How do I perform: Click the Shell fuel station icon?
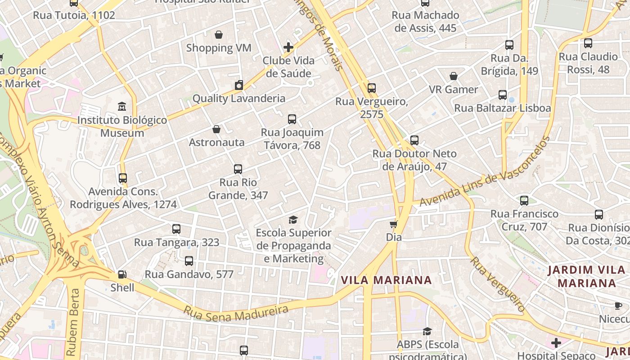(121, 274)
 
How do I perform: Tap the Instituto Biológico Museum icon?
(122, 107)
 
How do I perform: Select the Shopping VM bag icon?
(219, 35)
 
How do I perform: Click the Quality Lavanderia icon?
(239, 85)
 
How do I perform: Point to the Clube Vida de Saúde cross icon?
(288, 47)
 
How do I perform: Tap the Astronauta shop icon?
(216, 130)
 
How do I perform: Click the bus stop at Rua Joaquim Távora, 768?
(292, 119)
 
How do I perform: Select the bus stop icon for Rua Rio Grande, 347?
(238, 169)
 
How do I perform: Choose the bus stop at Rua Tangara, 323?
(176, 229)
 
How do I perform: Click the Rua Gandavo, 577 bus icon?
(189, 261)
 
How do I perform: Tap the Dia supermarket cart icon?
(394, 224)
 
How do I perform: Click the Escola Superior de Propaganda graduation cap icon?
(293, 220)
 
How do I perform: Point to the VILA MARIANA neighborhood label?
(386, 280)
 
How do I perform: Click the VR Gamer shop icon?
(454, 76)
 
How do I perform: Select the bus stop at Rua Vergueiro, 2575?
(372, 88)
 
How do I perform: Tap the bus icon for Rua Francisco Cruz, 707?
(524, 201)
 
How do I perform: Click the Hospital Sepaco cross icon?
(556, 343)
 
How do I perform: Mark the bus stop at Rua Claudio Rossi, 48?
(588, 43)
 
